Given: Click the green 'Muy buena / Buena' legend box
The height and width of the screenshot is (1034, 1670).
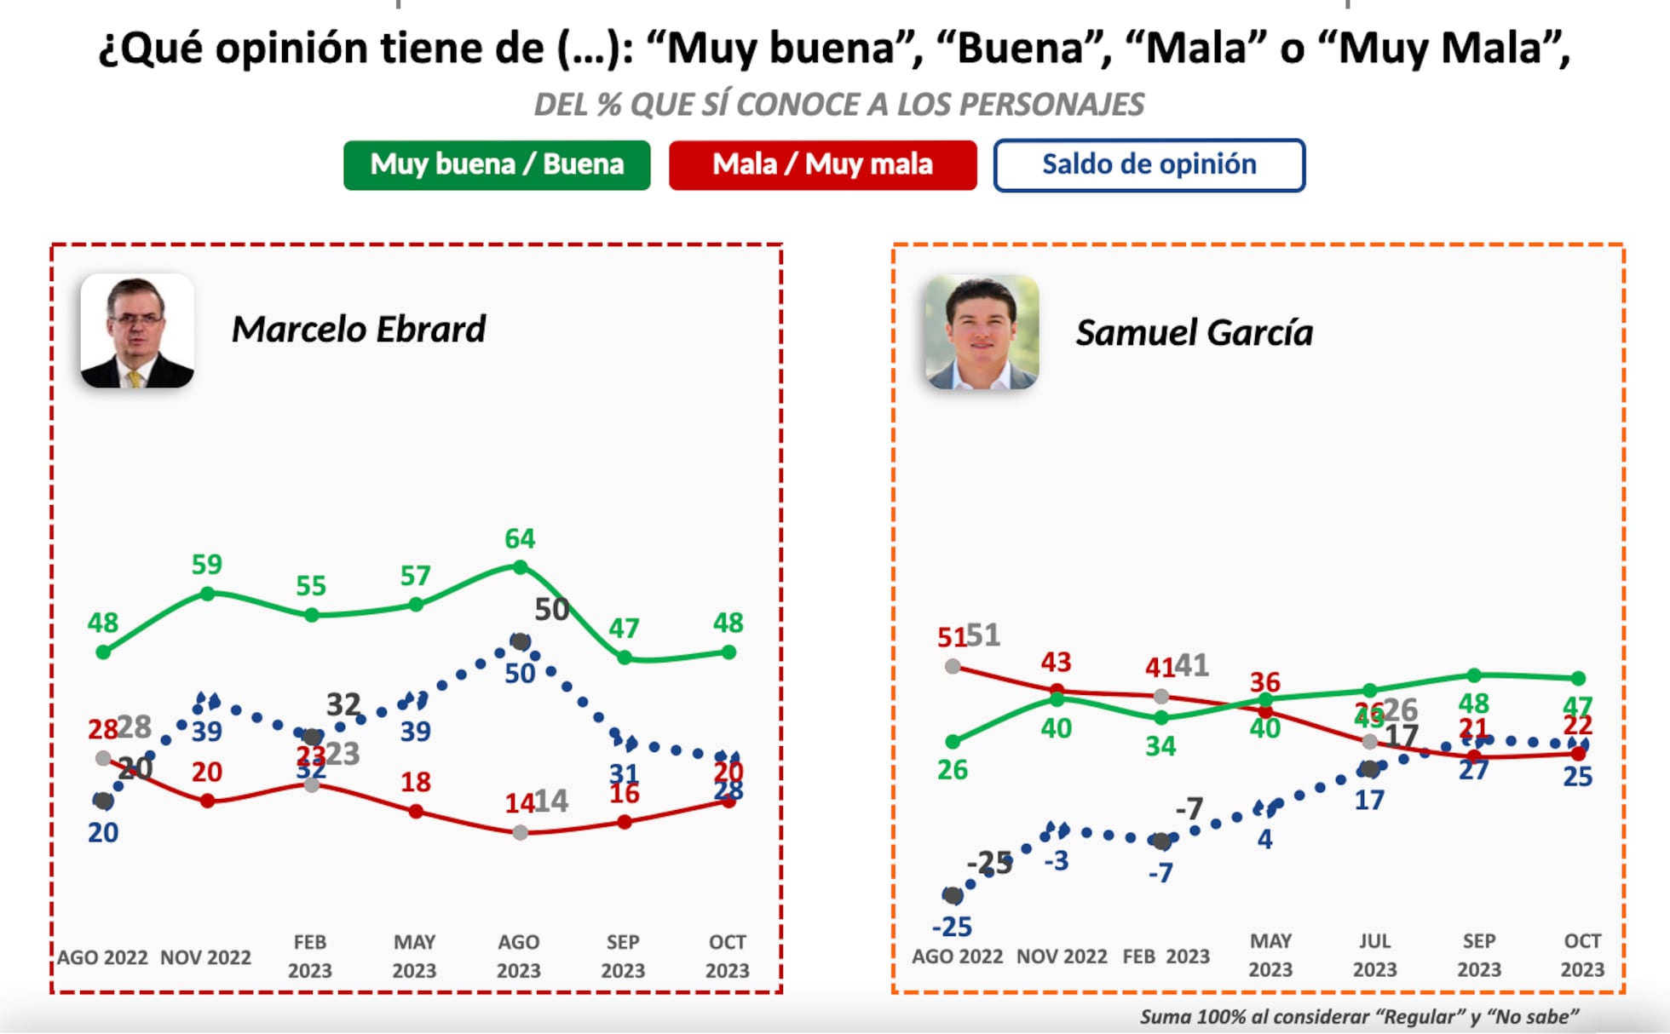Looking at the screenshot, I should pos(497,164).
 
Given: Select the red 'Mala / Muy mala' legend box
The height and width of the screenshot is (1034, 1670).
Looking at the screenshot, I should pos(822,164).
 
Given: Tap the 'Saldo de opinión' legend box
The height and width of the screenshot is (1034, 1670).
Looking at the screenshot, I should pos(1149,164).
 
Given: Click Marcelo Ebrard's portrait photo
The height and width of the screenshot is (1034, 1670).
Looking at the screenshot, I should pos(137,330).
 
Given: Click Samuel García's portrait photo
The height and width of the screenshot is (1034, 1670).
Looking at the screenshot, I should pos(982,332).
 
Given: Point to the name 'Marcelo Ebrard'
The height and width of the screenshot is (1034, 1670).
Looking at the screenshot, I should pos(358,330).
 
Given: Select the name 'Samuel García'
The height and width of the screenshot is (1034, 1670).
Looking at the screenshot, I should pos(1194,332).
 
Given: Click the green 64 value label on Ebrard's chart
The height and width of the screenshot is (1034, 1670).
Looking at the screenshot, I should pos(520,538).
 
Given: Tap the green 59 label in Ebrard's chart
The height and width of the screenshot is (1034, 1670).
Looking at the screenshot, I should pos(206,564).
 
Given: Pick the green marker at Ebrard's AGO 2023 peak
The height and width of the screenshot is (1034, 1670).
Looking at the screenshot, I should pos(521,566).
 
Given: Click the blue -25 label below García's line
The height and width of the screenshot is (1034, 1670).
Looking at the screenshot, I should pos(952,926).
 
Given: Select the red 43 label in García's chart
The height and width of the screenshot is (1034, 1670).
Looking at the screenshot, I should pos(1056,662).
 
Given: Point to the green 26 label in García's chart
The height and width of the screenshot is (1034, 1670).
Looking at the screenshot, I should pos(952,770).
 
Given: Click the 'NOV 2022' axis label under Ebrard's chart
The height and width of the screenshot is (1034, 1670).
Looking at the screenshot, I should pos(205,957).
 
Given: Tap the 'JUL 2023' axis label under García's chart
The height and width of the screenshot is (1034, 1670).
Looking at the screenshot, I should pos(1374,955).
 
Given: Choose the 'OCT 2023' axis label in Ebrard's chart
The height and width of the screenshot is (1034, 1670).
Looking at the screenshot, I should pos(727,956).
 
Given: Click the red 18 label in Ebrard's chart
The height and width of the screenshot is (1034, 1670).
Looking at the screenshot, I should pos(415,781).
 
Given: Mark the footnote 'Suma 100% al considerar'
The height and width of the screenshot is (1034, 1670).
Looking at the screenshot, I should pos(1358,1016).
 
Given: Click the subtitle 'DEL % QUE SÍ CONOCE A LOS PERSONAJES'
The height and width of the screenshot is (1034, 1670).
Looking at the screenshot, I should pos(838,104).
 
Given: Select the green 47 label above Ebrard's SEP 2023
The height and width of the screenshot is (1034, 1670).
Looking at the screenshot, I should pos(624,628).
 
